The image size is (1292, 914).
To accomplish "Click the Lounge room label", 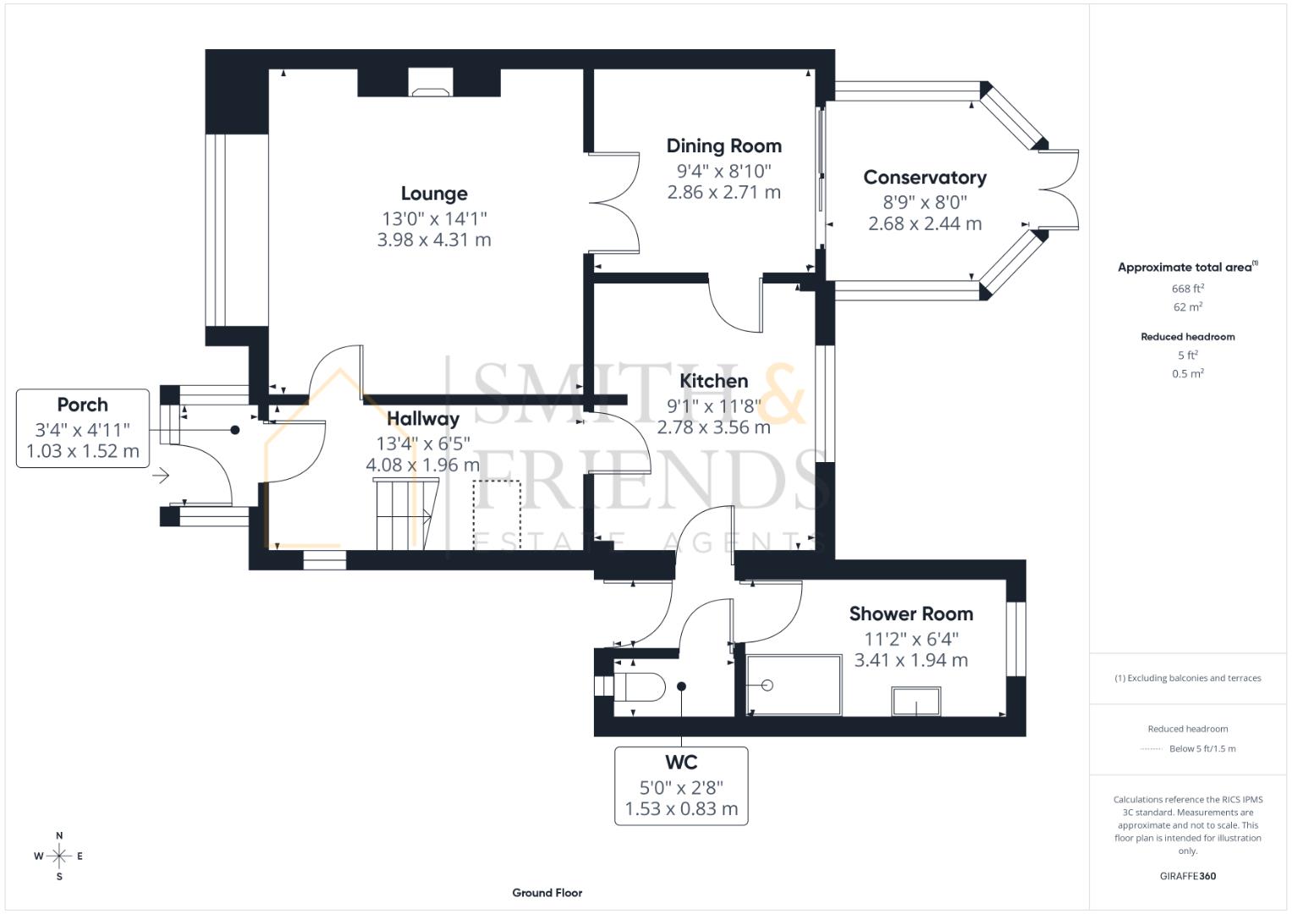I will pyautogui.click(x=434, y=194).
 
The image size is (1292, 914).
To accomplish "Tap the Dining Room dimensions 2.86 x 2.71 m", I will pyautogui.click(x=723, y=192).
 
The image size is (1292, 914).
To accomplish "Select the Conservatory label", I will pyautogui.click(x=925, y=178).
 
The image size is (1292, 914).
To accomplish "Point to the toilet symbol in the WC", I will pyautogui.click(x=641, y=685).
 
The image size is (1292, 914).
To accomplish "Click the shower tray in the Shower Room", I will pyautogui.click(x=794, y=685).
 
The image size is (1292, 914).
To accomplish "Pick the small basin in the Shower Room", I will pyautogui.click(x=915, y=702).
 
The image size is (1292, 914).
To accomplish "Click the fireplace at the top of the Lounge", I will pyautogui.click(x=431, y=81).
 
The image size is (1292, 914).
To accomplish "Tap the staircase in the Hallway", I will pyautogui.click(x=404, y=514).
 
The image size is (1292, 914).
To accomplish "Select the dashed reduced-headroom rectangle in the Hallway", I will pyautogui.click(x=497, y=515).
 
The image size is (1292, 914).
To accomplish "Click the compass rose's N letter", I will pyautogui.click(x=59, y=835).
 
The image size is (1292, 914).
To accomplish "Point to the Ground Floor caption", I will pyautogui.click(x=547, y=892).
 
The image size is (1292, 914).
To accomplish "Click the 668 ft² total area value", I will pyautogui.click(x=1187, y=289).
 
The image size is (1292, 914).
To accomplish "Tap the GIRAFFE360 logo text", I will pyautogui.click(x=1187, y=876).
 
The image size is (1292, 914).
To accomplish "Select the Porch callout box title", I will pyautogui.click(x=82, y=405).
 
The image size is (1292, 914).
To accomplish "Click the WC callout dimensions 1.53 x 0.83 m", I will pyautogui.click(x=681, y=809).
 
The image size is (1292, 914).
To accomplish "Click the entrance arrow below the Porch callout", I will pyautogui.click(x=160, y=476).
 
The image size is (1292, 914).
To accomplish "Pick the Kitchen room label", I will pyautogui.click(x=713, y=381).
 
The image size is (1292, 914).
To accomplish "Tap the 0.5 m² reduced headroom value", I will pyautogui.click(x=1187, y=373).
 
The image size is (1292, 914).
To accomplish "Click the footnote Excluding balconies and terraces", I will pyautogui.click(x=1187, y=678).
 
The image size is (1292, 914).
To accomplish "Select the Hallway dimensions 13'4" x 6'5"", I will pyautogui.click(x=423, y=443).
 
